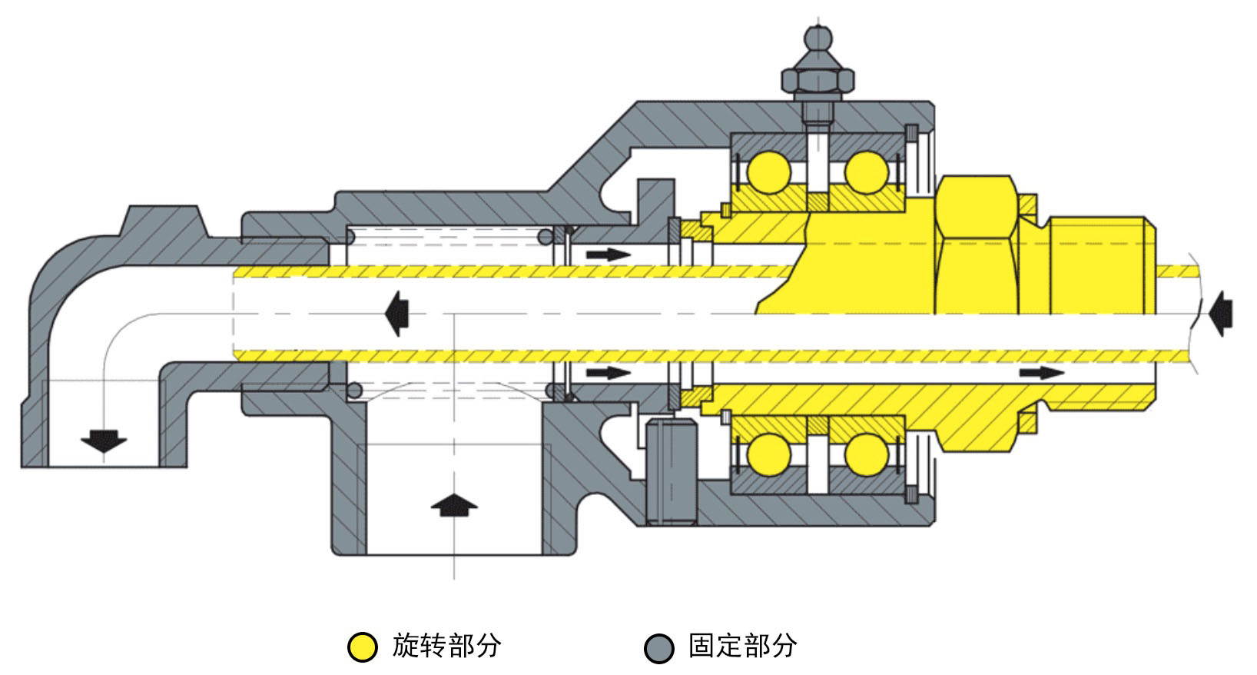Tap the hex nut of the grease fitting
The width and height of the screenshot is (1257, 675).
click(818, 80)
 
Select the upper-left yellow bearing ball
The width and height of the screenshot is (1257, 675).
click(769, 172)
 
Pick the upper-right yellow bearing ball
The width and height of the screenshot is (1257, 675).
click(866, 172)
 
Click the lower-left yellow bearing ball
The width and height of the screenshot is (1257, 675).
click(769, 454)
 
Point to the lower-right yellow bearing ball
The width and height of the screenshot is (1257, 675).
click(866, 454)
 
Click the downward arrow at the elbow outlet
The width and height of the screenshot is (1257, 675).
click(104, 441)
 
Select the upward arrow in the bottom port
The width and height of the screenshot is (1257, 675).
click(454, 505)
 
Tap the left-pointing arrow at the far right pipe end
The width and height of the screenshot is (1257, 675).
click(1221, 314)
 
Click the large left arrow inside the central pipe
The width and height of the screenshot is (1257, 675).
click(396, 314)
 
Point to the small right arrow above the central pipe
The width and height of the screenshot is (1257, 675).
click(609, 255)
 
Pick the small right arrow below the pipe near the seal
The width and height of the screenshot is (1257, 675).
click(609, 372)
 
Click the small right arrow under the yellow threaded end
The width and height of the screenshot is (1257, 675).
click(1042, 372)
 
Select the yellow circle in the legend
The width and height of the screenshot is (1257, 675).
click(362, 647)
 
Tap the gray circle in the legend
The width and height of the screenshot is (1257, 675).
click(658, 648)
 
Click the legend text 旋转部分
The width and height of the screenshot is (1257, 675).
click(446, 646)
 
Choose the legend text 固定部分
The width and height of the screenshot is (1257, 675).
click(742, 646)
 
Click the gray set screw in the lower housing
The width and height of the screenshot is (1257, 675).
click(672, 472)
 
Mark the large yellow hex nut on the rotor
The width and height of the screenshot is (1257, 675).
click(977, 244)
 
